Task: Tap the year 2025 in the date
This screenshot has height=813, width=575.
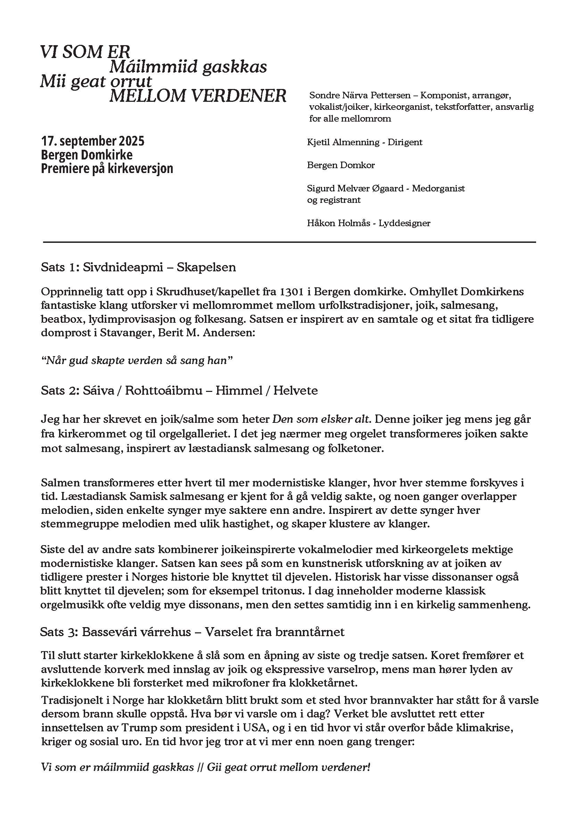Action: click(x=131, y=141)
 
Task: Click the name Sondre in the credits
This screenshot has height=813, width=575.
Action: click(x=323, y=95)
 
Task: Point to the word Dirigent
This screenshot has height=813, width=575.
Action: click(x=405, y=142)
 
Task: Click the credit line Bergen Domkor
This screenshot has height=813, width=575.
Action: click(x=340, y=165)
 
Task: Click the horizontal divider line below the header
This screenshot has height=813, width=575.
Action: click(x=289, y=242)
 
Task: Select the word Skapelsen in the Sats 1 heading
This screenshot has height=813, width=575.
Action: click(x=206, y=267)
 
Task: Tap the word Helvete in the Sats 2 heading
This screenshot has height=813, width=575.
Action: click(x=296, y=391)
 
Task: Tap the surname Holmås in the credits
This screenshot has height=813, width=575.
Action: click(x=347, y=223)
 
